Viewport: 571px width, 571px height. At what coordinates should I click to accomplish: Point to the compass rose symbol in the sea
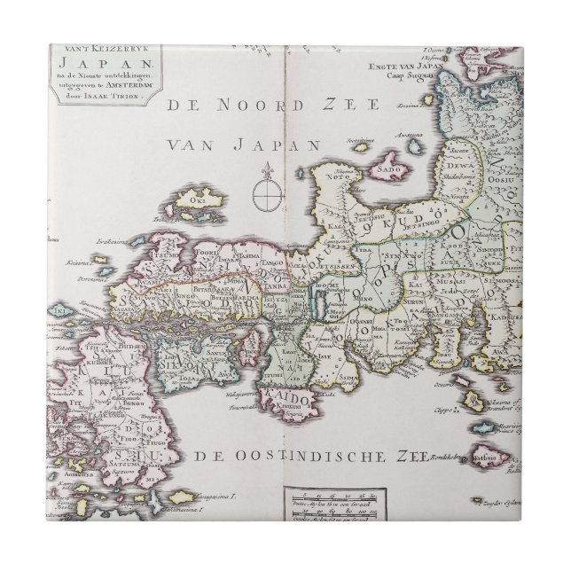pos(265,191)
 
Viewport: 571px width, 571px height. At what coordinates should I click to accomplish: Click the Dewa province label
pos(458,163)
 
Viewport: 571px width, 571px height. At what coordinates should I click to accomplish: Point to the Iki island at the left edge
pos(60,312)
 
